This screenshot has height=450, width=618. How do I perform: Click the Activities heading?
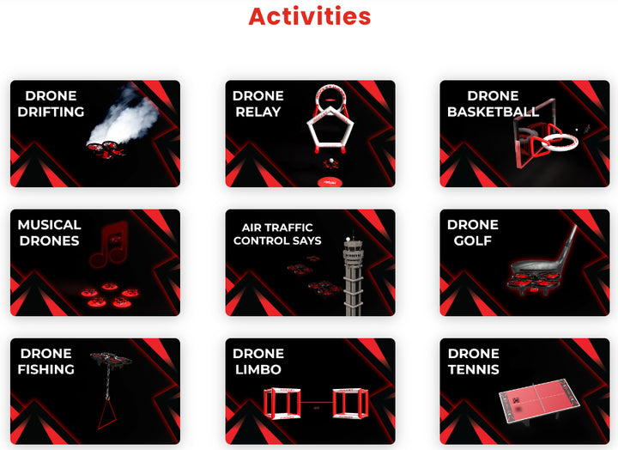point(309,16)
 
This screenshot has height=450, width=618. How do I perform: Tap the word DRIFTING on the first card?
point(51,112)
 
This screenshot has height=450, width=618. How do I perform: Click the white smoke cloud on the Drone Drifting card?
point(125,114)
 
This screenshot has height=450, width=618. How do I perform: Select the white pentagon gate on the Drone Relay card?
point(330,130)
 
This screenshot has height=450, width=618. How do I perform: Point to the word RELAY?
point(258,112)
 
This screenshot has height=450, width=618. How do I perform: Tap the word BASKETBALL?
point(493,112)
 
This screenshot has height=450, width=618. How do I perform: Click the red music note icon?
point(109,245)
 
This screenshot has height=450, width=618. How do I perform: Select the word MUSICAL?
point(49,225)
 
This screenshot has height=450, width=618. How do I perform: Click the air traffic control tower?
point(353,276)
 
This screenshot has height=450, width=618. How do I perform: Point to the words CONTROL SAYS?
point(277,240)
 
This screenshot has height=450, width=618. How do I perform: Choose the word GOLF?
point(473,240)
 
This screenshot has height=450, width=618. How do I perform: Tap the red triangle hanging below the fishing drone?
point(107,413)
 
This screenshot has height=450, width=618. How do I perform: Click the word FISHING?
point(46,369)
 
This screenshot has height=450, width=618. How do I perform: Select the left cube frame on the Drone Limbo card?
point(282,403)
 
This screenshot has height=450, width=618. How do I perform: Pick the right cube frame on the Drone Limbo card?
point(350,403)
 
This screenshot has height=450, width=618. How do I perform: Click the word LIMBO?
point(258,369)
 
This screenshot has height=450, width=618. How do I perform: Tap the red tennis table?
point(539,400)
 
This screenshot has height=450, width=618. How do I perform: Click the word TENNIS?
point(474,369)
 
